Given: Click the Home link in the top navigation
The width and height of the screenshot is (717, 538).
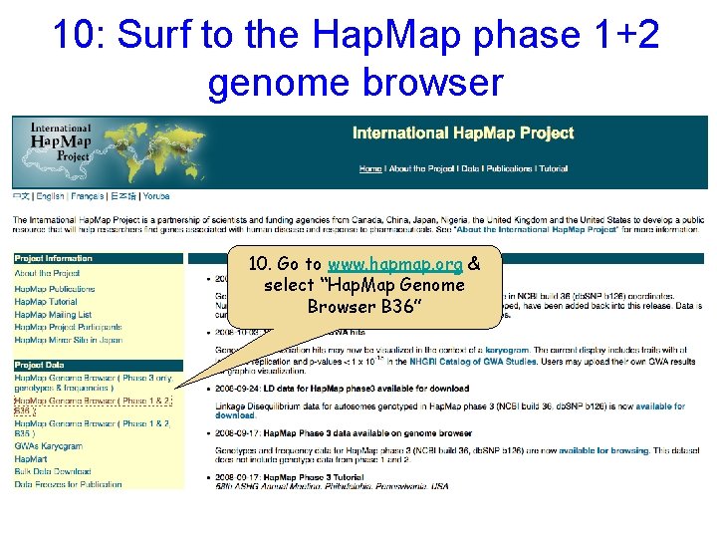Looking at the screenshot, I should click(370, 168).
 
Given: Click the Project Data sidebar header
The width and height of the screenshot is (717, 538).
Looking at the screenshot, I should click(41, 365).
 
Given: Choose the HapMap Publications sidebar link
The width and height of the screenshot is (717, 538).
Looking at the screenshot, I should click(55, 289).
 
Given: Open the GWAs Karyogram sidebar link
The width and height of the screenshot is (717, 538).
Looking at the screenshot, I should click(48, 445).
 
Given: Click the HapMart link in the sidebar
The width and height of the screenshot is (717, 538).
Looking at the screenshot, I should click(31, 458).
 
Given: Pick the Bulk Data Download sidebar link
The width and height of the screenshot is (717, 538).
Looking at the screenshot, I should click(53, 471).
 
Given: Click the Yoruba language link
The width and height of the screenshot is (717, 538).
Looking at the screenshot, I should click(156, 196).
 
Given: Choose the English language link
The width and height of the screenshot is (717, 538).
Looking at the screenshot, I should click(51, 196).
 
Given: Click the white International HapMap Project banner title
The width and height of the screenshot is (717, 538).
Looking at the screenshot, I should click(463, 134).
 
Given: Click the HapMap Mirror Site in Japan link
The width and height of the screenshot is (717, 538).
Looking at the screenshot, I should click(68, 341).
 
